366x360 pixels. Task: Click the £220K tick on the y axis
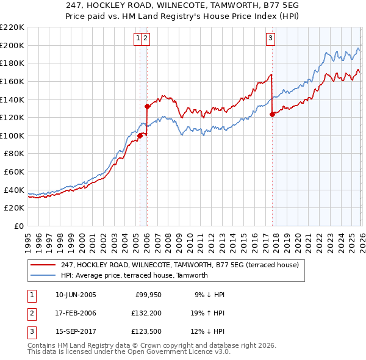(x=12, y=27)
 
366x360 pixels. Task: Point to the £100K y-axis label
(x=12, y=135)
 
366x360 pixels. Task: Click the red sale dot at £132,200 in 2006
(x=147, y=106)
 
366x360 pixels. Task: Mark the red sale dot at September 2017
(x=272, y=114)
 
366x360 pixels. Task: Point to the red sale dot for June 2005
(x=140, y=135)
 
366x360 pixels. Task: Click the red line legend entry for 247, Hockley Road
(x=179, y=265)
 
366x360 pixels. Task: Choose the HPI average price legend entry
(x=134, y=275)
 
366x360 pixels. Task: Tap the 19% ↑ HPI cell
(x=207, y=313)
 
